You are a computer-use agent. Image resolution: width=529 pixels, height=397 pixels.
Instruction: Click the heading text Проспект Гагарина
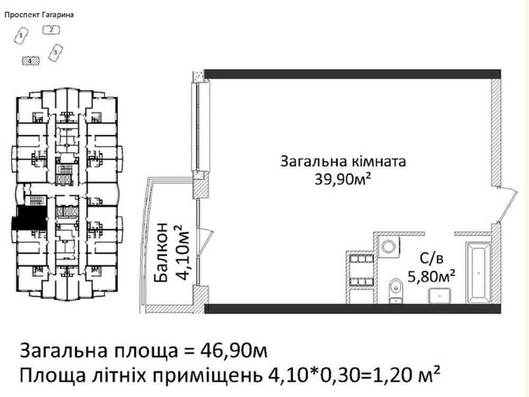click(x=39, y=15)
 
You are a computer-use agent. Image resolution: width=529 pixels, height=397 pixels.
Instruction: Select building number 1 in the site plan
click(x=21, y=36)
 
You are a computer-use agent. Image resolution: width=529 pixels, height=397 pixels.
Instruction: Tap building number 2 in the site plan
click(x=51, y=30)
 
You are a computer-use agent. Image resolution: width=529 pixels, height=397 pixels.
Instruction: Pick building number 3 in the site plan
click(x=54, y=52)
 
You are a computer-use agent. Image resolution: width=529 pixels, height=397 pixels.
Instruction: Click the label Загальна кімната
click(x=343, y=161)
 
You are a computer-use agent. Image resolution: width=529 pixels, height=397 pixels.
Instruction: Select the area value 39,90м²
click(x=343, y=180)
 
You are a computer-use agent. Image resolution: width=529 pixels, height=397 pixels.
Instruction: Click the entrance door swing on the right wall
click(x=505, y=206)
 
